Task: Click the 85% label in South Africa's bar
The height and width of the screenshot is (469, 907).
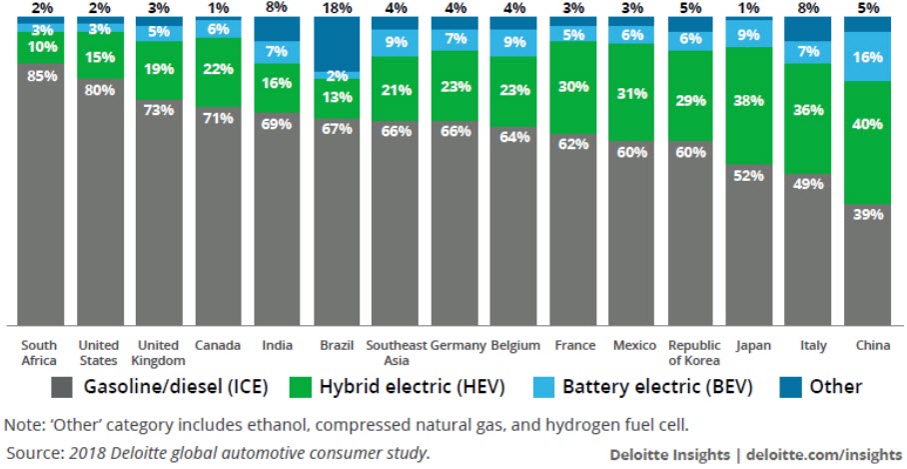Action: pyautogui.click(x=42, y=75)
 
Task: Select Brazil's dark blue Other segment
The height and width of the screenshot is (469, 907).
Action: pyautogui.click(x=336, y=43)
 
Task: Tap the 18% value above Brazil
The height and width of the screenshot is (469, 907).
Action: pyautogui.click(x=336, y=8)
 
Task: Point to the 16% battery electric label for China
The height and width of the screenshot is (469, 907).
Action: pyautogui.click(x=866, y=56)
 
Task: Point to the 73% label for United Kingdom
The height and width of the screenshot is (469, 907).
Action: pyautogui.click(x=159, y=108)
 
